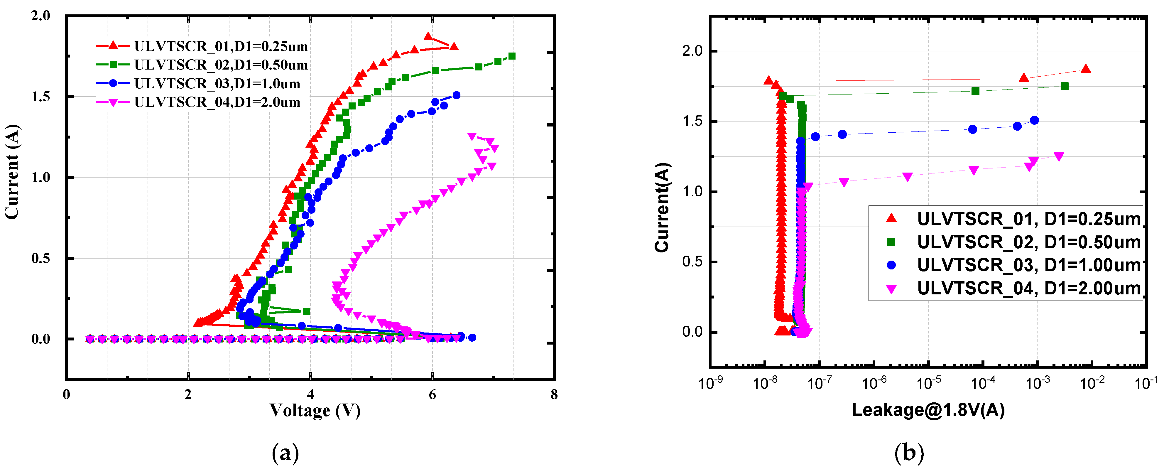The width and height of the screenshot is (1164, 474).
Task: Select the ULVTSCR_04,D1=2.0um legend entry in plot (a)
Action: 217,102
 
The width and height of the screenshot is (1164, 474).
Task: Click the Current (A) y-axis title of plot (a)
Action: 12,172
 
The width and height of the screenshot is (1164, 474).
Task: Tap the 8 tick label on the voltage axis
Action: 554,394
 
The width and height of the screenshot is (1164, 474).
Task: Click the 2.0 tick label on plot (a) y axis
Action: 41,16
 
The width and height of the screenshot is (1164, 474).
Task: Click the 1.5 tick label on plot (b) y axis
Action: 692,121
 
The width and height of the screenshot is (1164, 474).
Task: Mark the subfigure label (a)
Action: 285,453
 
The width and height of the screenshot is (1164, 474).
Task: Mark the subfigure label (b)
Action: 909,453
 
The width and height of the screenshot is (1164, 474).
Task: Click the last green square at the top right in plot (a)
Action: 512,56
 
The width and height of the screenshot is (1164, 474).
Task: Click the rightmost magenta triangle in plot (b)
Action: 1059,156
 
